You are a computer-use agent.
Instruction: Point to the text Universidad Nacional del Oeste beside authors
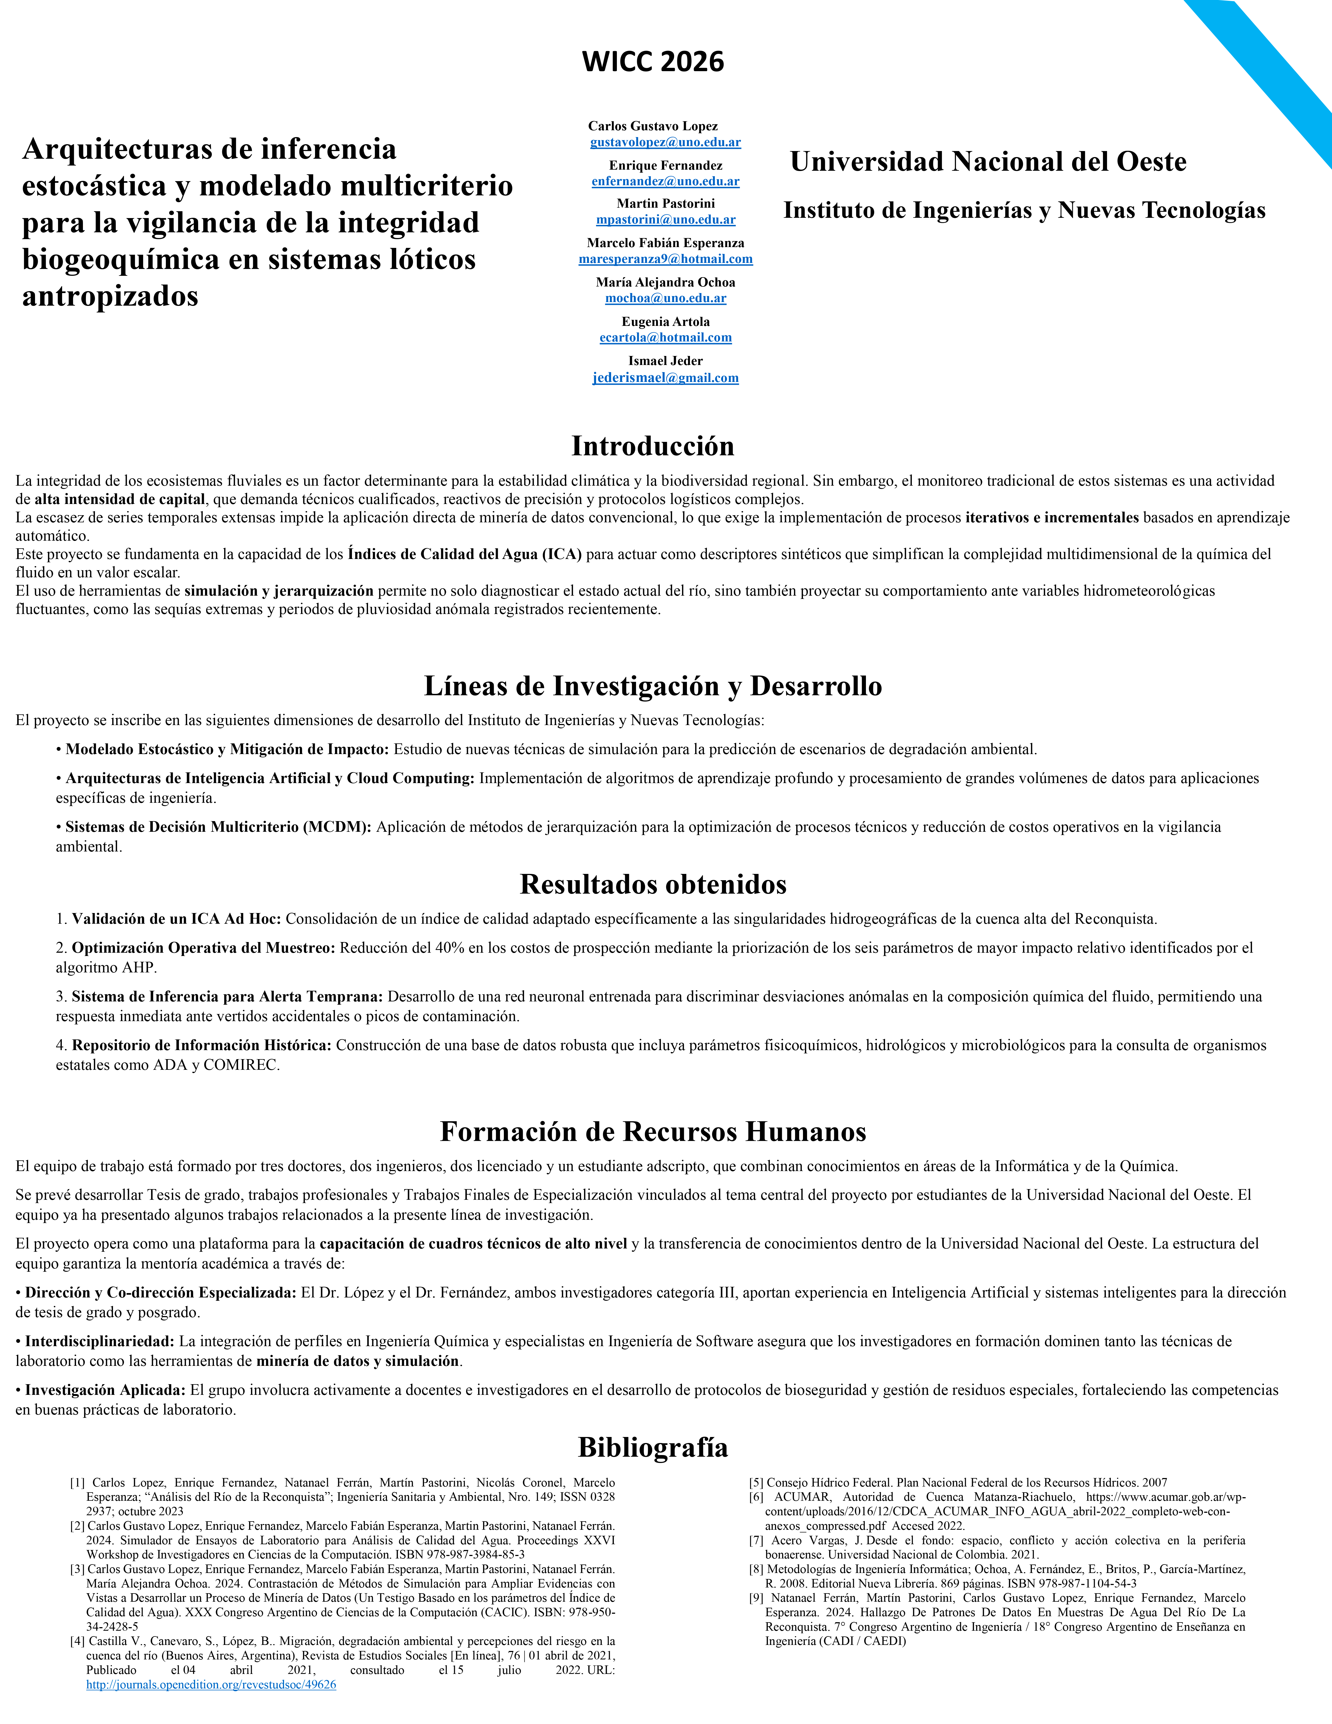pos(988,162)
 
